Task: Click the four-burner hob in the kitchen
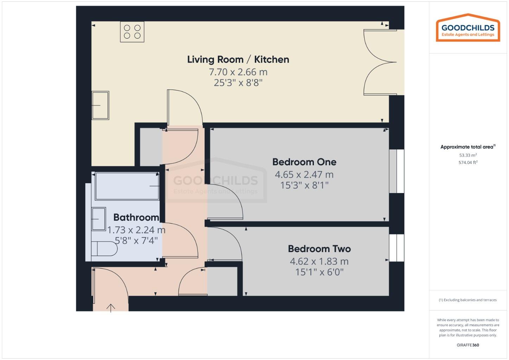pos(132,32)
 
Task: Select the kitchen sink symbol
pos(100,105)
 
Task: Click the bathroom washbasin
pos(98,219)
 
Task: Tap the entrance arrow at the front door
pos(111,308)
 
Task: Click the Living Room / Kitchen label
pos(238,59)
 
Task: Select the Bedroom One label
pos(304,162)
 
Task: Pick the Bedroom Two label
pos(319,249)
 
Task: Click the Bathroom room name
pos(136,218)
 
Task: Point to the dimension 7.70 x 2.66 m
pos(238,72)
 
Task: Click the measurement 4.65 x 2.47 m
pos(304,174)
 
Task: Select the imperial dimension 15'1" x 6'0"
pos(319,272)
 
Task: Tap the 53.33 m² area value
pos(468,155)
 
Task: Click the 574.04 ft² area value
pos(468,162)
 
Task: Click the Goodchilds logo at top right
pos(468,28)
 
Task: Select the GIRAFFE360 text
pos(468,345)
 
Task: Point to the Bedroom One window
pos(397,171)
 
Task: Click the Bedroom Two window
pos(397,248)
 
